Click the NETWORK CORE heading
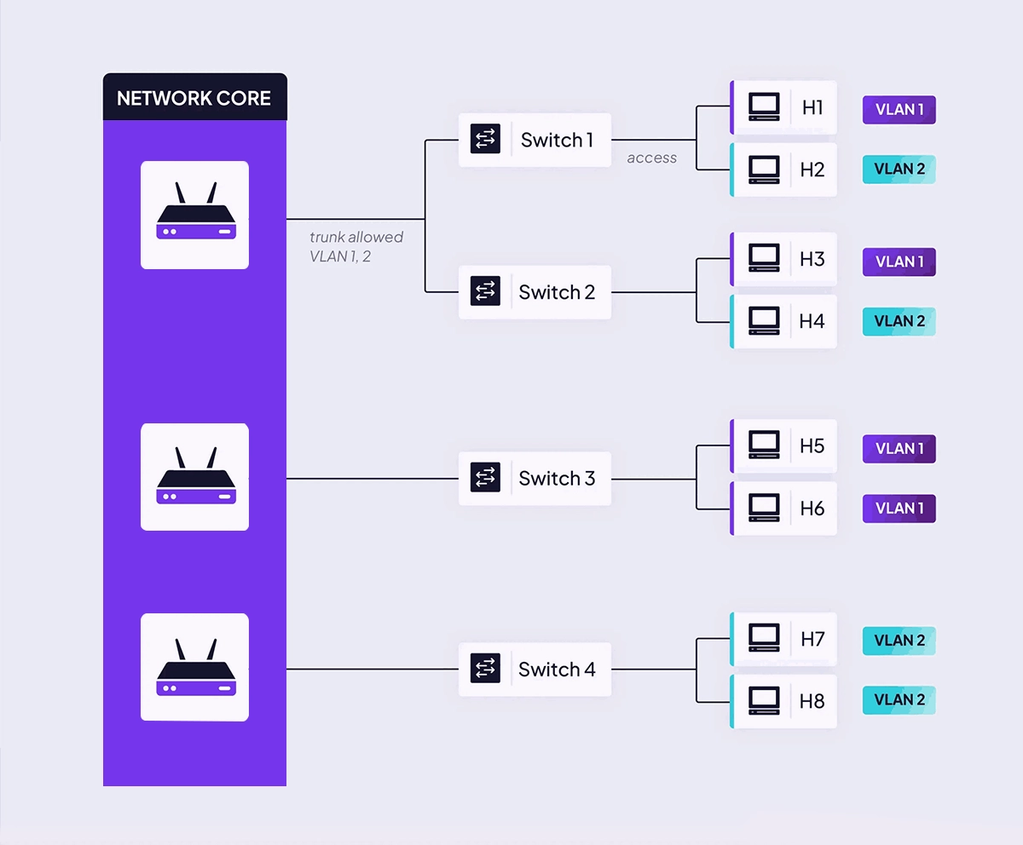(194, 98)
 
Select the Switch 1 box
(535, 140)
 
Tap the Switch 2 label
(557, 292)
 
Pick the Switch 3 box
(535, 479)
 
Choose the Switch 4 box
(535, 670)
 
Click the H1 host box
(784, 107)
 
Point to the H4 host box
(784, 321)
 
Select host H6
(784, 509)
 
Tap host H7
(784, 639)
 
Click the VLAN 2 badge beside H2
(899, 169)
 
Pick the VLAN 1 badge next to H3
(899, 262)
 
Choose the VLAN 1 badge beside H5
(899, 449)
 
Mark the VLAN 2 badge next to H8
(899, 700)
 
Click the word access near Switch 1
(651, 158)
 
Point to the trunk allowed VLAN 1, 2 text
(355, 246)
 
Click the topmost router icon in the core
(194, 215)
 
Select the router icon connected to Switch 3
(194, 477)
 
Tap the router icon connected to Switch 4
(194, 667)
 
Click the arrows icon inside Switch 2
(485, 292)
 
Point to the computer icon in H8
(763, 700)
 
